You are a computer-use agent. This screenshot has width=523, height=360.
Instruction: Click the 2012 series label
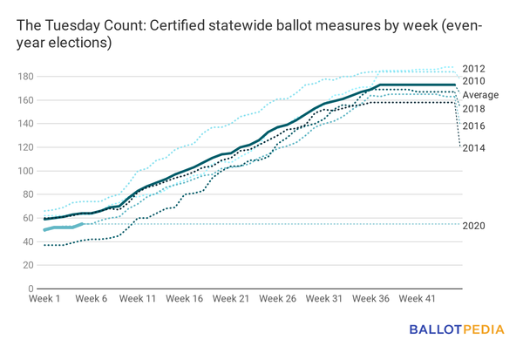[474, 69]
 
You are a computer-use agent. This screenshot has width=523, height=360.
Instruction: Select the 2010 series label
[474, 81]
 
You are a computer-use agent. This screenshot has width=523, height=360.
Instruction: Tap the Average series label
[479, 95]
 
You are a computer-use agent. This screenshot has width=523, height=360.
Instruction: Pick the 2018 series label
[474, 109]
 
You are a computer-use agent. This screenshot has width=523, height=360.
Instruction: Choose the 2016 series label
[474, 126]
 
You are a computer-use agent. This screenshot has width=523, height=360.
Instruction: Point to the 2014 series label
[474, 147]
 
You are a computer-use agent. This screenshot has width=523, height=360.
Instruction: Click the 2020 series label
[474, 226]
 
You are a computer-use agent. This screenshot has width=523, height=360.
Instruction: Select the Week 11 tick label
[138, 299]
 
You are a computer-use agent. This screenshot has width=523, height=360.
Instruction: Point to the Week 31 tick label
[324, 299]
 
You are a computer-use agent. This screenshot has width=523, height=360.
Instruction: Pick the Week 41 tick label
[418, 299]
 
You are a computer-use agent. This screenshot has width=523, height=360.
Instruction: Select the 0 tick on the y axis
[30, 289]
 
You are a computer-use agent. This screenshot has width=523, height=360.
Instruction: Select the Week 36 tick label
[371, 299]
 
